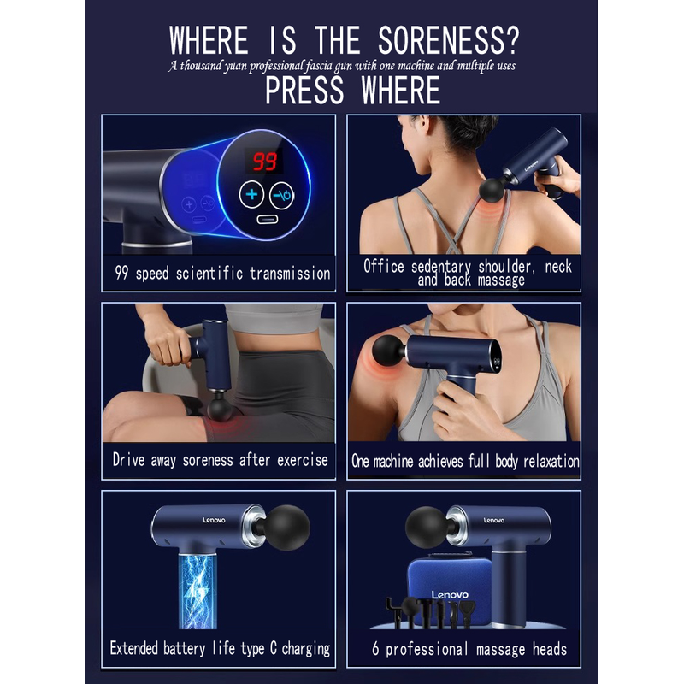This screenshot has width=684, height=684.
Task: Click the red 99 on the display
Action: pyautogui.click(x=265, y=162)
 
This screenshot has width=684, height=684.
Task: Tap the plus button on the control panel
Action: pyautogui.click(x=251, y=195)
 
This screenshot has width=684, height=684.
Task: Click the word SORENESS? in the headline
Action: pyautogui.click(x=448, y=40)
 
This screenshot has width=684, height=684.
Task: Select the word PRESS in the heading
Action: pyautogui.click(x=304, y=91)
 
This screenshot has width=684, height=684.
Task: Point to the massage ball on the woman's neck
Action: pyautogui.click(x=492, y=189)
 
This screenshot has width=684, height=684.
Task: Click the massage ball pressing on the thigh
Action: pyautogui.click(x=220, y=409)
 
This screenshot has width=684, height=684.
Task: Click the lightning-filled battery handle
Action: pyautogui.click(x=198, y=591)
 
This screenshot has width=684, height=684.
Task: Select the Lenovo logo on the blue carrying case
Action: pyautogui.click(x=450, y=594)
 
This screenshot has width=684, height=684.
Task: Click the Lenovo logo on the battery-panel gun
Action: pyautogui.click(x=214, y=520)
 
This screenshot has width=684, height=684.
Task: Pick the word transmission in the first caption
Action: pyautogui.click(x=290, y=274)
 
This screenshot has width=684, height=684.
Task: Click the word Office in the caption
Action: pyautogui.click(x=384, y=266)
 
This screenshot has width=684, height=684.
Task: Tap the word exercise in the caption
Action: pyautogui.click(x=303, y=460)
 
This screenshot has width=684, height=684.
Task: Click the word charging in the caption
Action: pyautogui.click(x=306, y=649)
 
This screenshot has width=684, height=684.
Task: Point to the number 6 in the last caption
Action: pyautogui.click(x=375, y=649)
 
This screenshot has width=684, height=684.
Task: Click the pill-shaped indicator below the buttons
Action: pyautogui.click(x=267, y=219)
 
